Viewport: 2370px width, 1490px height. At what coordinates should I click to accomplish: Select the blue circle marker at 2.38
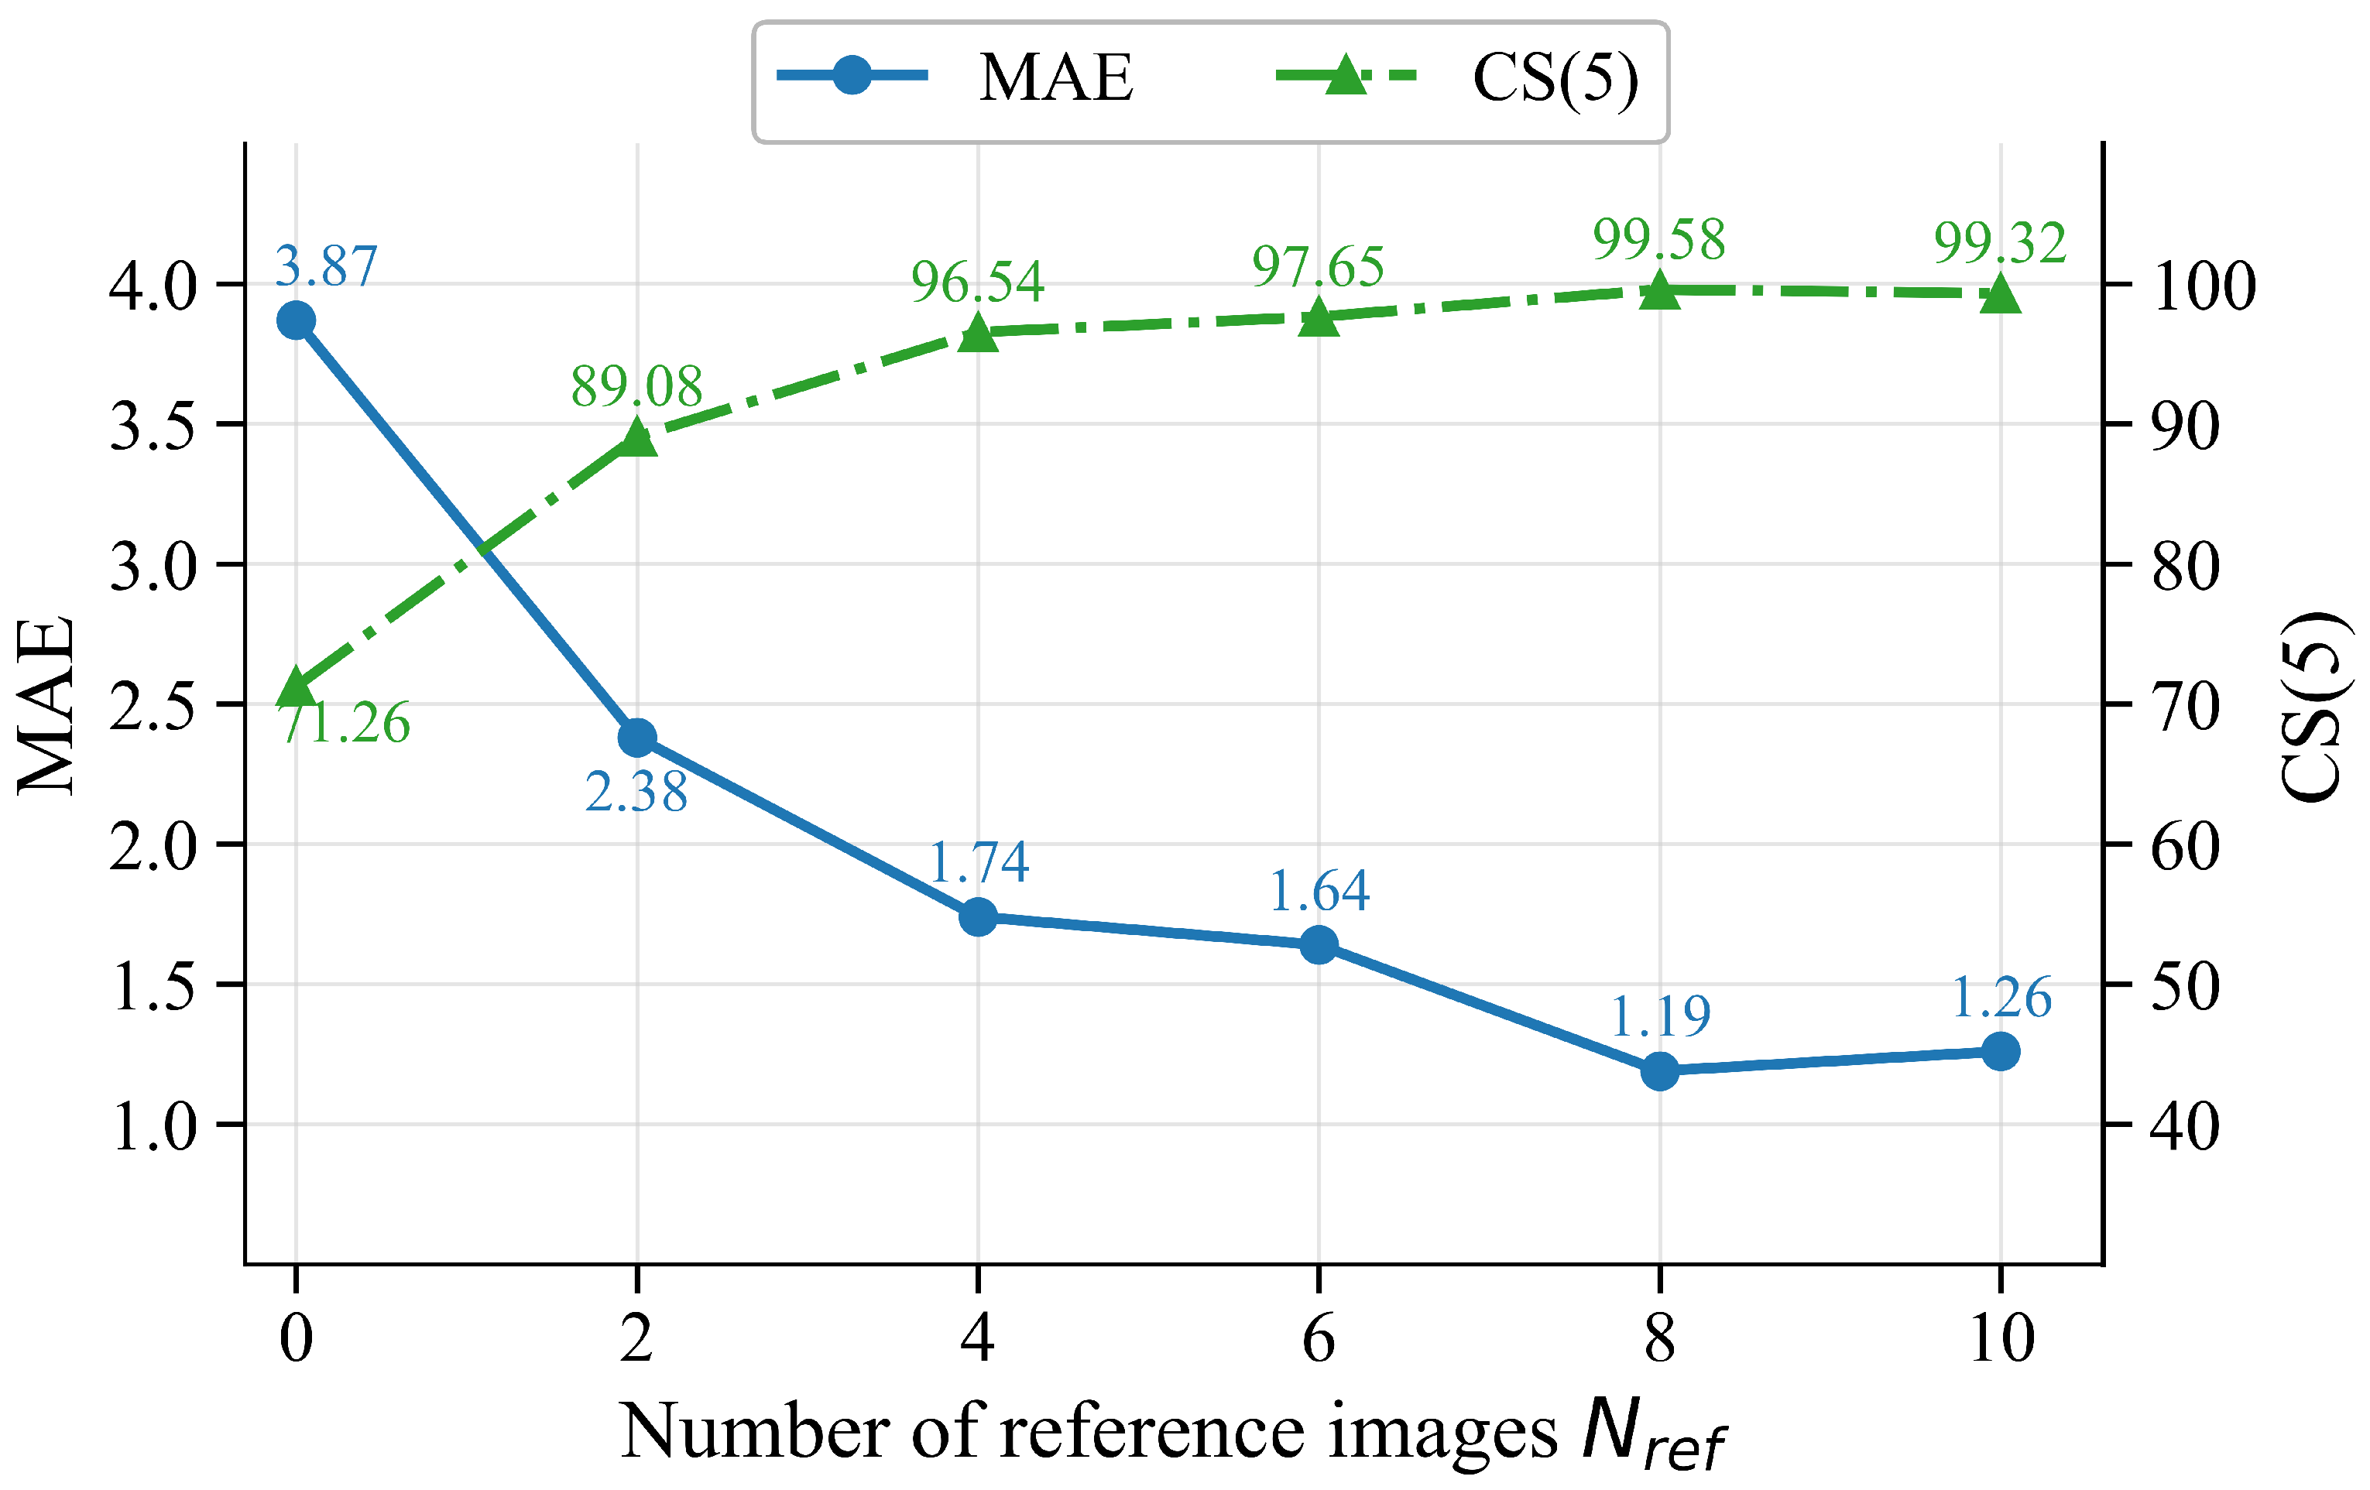click(636, 737)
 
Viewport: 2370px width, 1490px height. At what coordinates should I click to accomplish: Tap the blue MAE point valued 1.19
click(1659, 1070)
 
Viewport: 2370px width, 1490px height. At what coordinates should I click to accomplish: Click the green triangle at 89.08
click(636, 436)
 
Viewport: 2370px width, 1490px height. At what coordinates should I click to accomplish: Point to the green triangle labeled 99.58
click(1659, 289)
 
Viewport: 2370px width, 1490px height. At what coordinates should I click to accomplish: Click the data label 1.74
click(979, 862)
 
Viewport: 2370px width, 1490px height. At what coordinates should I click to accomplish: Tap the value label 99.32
click(2000, 242)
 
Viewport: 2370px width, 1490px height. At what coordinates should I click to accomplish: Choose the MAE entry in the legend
click(955, 77)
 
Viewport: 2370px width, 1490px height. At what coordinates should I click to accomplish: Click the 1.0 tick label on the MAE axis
click(153, 1126)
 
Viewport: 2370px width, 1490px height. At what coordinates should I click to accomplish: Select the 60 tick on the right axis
click(2185, 846)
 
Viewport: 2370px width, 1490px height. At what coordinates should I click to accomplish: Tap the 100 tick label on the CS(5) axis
click(2203, 286)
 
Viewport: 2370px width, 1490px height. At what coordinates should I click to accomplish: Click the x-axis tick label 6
click(1319, 1338)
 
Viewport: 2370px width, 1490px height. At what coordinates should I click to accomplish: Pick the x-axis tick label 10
click(2001, 1338)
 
